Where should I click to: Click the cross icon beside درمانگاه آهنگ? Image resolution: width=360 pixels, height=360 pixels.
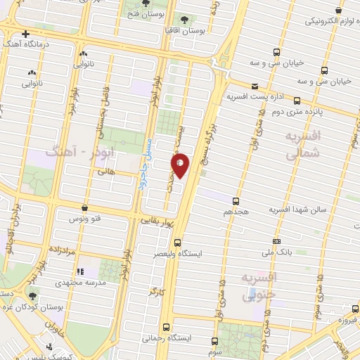point(26,34)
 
